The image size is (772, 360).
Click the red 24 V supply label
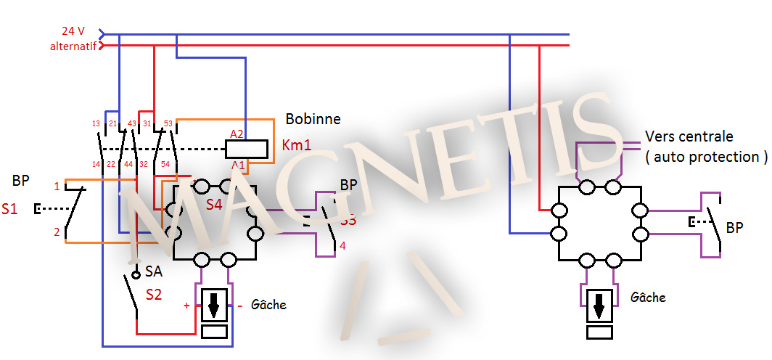(x=73, y=31)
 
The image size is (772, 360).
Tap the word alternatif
(x=73, y=46)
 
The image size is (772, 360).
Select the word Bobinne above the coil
(x=313, y=119)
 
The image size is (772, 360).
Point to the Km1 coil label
(x=296, y=146)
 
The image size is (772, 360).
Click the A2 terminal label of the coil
(x=237, y=134)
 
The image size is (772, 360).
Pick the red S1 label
(x=9, y=210)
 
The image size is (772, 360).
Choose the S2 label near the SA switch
(x=155, y=295)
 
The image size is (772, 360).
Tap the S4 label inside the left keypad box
(x=213, y=205)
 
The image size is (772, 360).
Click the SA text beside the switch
(x=153, y=271)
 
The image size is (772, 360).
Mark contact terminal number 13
(x=96, y=124)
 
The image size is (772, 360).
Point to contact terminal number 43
(x=132, y=124)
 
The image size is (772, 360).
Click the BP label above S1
(x=21, y=180)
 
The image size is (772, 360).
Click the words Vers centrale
(x=689, y=136)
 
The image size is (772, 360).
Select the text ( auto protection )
(x=705, y=156)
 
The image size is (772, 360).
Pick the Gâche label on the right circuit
(x=648, y=298)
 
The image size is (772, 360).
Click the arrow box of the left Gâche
(x=214, y=306)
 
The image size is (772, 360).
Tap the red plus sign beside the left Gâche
(x=186, y=306)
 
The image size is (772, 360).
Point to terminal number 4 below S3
(x=342, y=246)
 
